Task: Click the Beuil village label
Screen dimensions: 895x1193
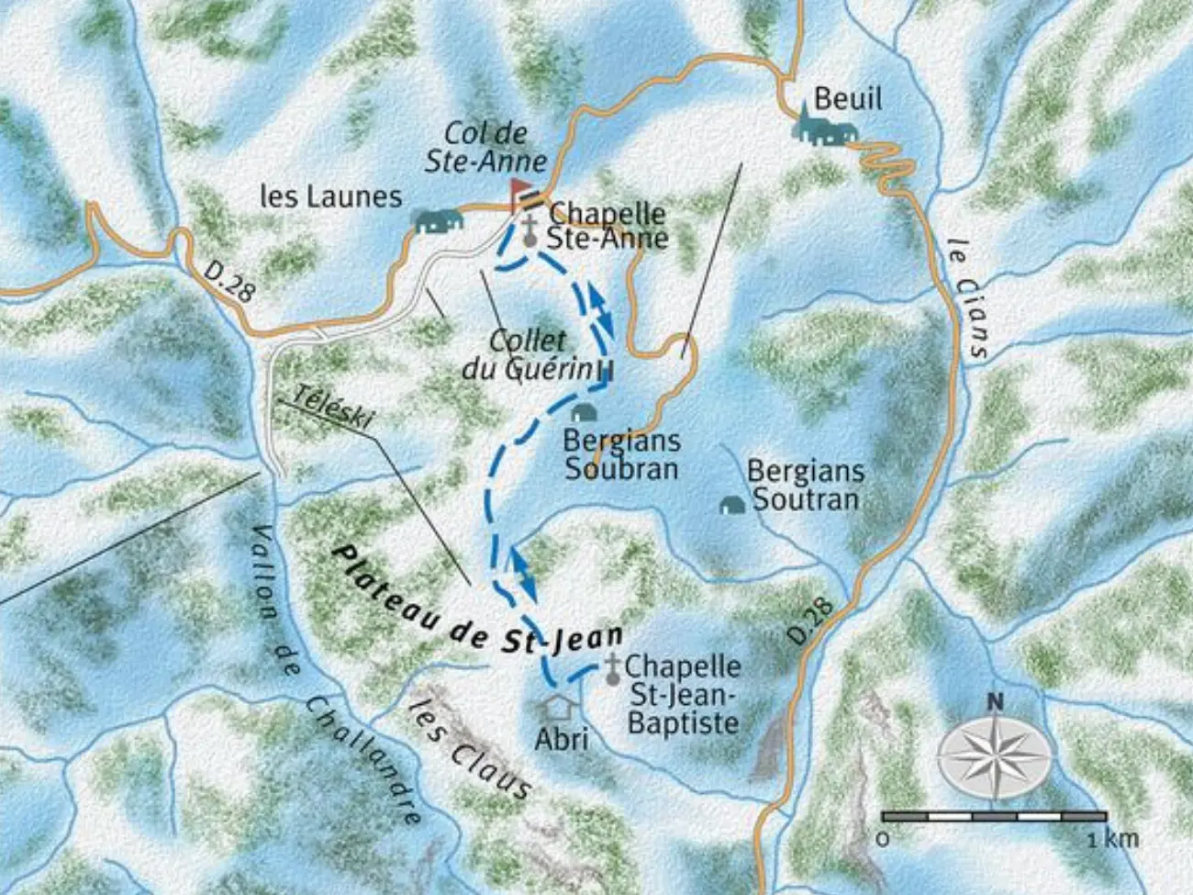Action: (x=847, y=98)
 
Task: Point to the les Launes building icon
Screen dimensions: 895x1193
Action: (x=437, y=220)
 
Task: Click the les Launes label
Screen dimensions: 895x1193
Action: (x=331, y=196)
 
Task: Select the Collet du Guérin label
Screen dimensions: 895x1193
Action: (x=527, y=353)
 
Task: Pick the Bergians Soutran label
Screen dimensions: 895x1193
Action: (x=805, y=485)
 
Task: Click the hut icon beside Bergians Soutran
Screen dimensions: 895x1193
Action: (x=730, y=505)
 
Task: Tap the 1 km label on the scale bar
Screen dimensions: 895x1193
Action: (x=1113, y=838)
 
